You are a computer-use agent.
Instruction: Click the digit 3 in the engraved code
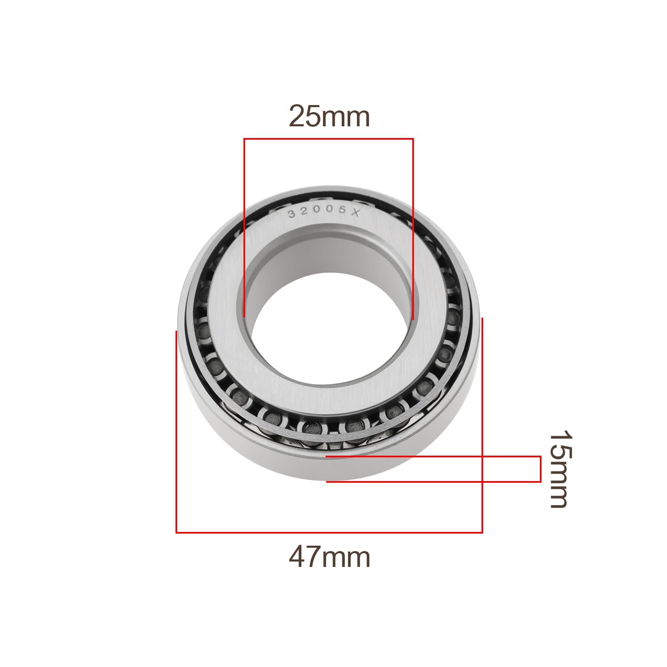(292, 214)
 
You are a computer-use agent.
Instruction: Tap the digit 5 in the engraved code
(342, 210)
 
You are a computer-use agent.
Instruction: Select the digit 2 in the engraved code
(304, 211)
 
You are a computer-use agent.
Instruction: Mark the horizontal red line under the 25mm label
(328, 139)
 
